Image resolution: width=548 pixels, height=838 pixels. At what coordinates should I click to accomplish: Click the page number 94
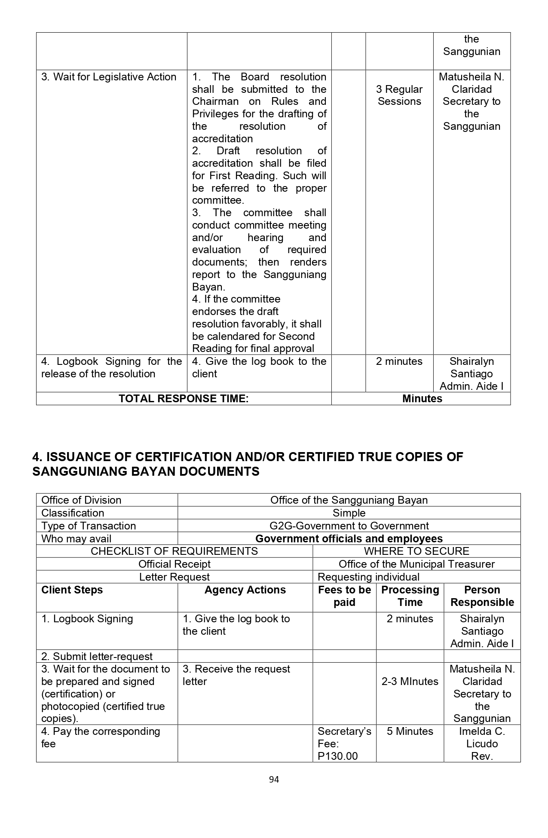pos(274,779)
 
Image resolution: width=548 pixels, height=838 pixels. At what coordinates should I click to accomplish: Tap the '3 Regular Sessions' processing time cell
pos(399,95)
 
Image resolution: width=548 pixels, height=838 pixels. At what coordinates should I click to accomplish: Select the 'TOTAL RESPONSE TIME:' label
pos(184,398)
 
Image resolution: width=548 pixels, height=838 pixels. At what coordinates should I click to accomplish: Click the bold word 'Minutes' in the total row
pos(422,398)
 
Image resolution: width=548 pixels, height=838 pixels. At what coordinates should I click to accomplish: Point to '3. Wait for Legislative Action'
pos(109,77)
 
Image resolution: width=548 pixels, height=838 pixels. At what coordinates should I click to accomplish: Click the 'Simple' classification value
pos(349,513)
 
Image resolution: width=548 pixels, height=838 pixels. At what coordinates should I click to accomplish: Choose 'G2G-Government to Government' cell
pos(349,526)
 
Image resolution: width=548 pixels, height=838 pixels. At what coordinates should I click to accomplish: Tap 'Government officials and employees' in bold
pos(349,538)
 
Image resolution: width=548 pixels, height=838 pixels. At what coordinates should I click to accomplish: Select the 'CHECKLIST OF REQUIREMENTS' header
pos(174,551)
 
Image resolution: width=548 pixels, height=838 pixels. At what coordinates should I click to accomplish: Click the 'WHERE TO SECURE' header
pos(416,551)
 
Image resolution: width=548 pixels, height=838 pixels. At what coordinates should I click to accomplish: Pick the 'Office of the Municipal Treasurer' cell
pos(416,564)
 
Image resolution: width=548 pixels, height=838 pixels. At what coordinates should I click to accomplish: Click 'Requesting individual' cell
pos(368,577)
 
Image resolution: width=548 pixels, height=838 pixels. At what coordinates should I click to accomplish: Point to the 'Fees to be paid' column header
pos(344,596)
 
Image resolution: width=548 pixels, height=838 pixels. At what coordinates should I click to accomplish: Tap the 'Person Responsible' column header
pos(482,596)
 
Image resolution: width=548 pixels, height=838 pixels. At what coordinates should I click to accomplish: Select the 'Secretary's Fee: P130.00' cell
pos(344,743)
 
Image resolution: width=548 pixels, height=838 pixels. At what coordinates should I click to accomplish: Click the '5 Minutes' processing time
pos(410,731)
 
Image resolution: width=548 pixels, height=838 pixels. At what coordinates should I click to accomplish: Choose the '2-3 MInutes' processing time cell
pos(410,681)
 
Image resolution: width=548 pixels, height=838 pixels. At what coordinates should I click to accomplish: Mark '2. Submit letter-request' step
pos(97,656)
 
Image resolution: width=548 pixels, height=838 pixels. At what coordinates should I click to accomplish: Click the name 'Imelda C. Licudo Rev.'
pos(482,743)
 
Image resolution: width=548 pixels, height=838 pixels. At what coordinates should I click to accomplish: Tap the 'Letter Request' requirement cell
pos(174,577)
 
